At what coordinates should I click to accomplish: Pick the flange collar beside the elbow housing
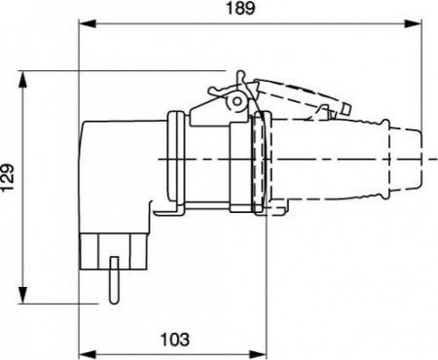(177, 161)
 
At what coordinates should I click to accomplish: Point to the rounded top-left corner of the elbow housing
(89, 126)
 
